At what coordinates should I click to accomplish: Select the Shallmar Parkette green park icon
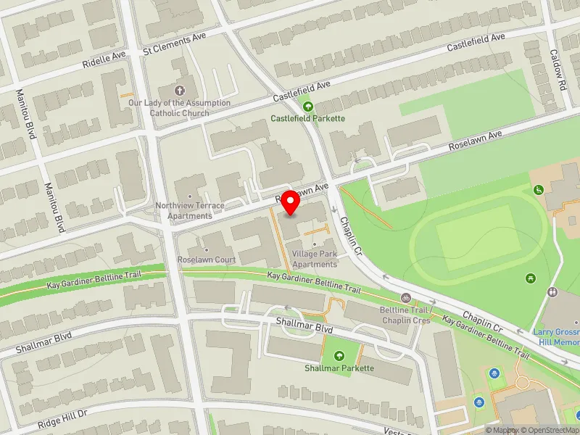point(339,356)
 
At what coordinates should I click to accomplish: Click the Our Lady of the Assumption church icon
point(179,89)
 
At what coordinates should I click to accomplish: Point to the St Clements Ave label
point(175,51)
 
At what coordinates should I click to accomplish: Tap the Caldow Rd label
point(557,70)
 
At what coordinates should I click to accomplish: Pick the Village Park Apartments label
point(315,259)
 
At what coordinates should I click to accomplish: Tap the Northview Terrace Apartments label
point(190,210)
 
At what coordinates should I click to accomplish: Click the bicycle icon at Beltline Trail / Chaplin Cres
point(406,298)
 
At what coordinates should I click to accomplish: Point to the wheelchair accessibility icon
point(539,190)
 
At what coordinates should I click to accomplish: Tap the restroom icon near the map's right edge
point(553,292)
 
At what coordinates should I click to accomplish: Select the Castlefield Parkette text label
point(307,118)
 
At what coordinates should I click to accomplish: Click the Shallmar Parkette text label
point(339,368)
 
